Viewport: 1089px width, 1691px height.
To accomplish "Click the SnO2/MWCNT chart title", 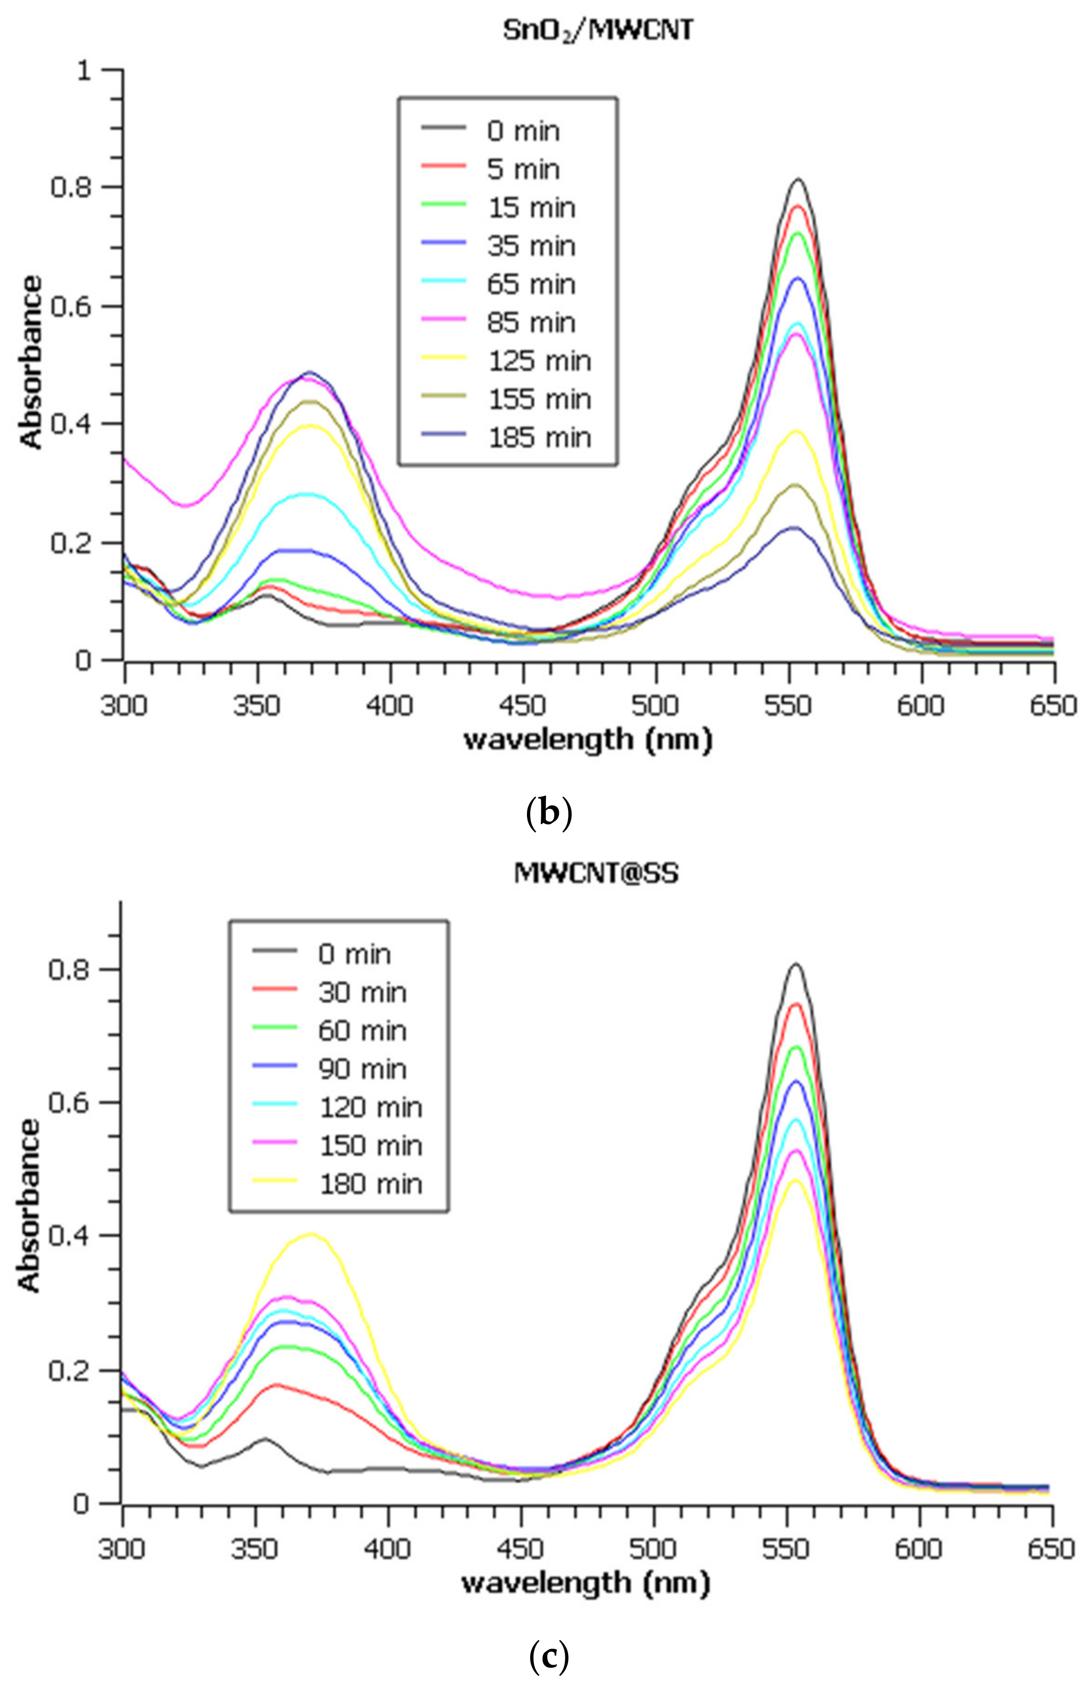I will [x=598, y=30].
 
